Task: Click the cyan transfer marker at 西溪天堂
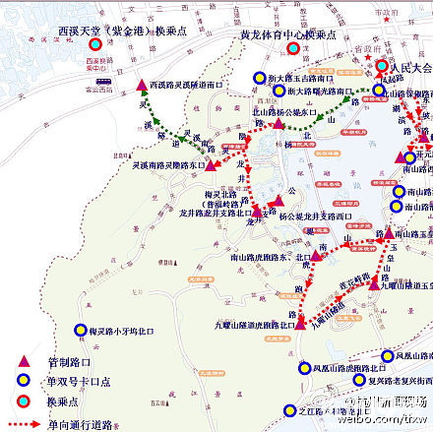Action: click(94, 45)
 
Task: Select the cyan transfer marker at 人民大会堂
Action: click(383, 67)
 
